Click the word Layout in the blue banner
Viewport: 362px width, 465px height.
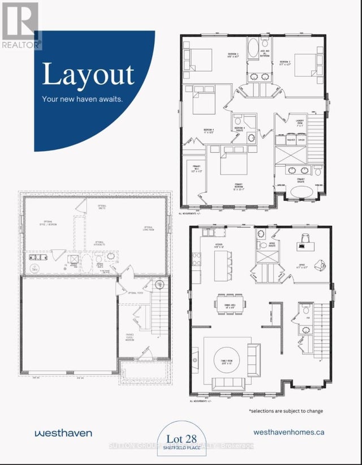(x=88, y=75)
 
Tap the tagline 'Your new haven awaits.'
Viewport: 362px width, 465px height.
(x=82, y=99)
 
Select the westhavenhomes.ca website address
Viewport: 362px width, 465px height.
(x=289, y=432)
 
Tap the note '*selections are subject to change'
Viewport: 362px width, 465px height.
(x=286, y=411)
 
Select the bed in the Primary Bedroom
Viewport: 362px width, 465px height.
(x=230, y=161)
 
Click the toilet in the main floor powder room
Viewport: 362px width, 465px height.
(x=305, y=309)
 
